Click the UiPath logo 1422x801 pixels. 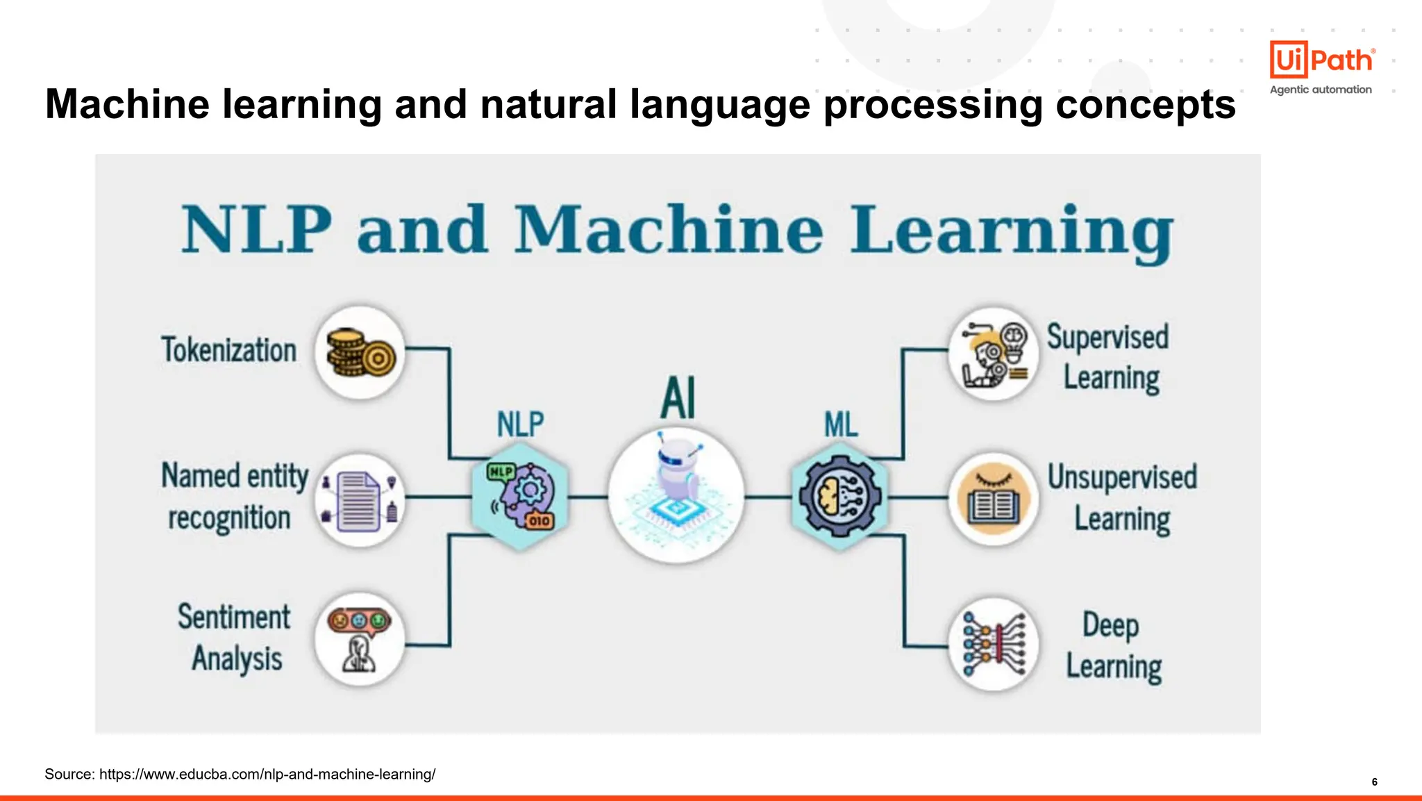[x=1321, y=60]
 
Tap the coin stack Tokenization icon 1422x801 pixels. [x=360, y=353]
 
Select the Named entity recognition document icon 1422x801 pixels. [x=360, y=501]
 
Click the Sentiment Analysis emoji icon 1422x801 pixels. [x=360, y=640]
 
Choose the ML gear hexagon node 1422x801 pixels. [x=839, y=496]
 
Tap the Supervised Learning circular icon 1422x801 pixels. [x=994, y=354]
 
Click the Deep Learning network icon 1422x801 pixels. [x=994, y=644]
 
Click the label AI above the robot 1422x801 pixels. [x=678, y=398]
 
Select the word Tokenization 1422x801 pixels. [x=229, y=349]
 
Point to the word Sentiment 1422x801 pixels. [x=234, y=617]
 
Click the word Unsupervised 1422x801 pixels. [x=1122, y=477]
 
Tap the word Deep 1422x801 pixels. [x=1110, y=625]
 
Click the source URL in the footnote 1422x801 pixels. [x=267, y=774]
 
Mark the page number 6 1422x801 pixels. [x=1374, y=782]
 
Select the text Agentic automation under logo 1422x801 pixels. [x=1321, y=90]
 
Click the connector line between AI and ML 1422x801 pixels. [x=767, y=497]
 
